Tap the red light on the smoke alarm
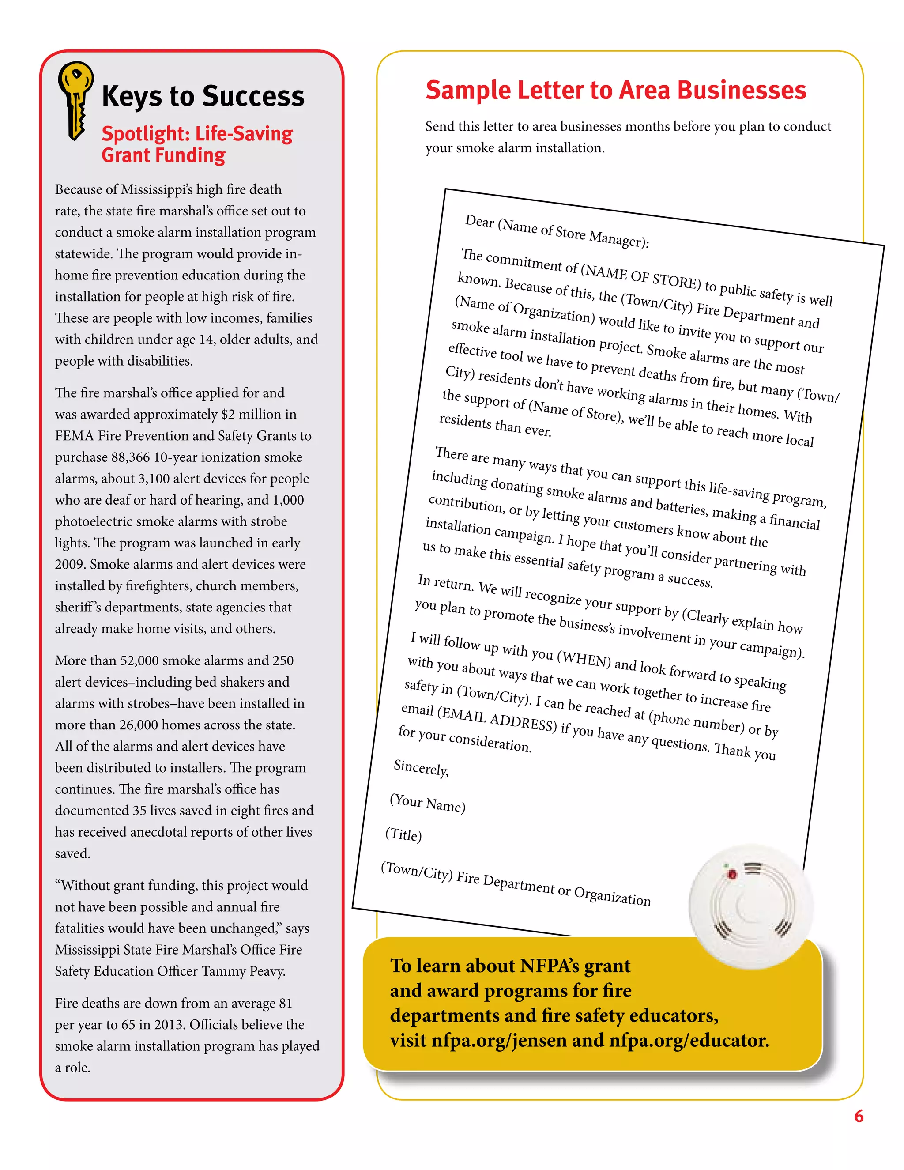[x=731, y=875]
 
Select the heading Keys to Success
[x=203, y=96]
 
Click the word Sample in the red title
[x=467, y=90]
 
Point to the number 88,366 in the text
[x=131, y=457]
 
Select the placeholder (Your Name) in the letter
[x=427, y=803]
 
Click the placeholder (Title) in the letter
[x=404, y=834]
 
